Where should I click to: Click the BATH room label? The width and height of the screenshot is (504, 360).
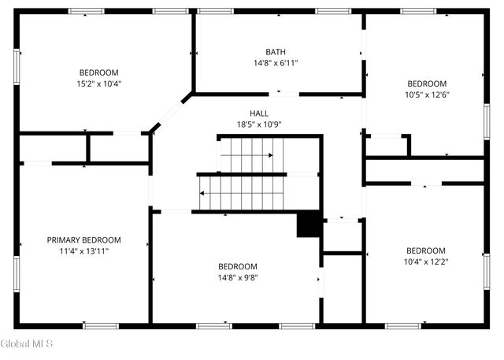[275, 51]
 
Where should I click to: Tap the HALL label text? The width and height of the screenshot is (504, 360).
[259, 113]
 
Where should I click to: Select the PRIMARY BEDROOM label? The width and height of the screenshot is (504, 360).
[83, 239]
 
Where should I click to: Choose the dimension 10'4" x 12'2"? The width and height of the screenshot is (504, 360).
[425, 262]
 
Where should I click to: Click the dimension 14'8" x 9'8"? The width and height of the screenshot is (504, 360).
[238, 277]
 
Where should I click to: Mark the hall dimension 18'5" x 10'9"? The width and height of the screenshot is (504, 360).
[259, 124]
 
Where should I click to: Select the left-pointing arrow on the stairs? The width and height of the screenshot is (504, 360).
[204, 191]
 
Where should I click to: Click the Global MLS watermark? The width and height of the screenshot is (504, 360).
[27, 343]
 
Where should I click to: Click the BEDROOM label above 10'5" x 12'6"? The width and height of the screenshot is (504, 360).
[426, 83]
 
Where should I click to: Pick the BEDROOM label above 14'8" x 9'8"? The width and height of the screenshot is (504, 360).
[238, 266]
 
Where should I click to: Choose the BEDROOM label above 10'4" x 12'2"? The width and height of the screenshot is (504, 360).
[425, 251]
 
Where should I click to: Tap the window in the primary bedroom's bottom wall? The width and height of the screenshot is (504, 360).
[101, 325]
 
